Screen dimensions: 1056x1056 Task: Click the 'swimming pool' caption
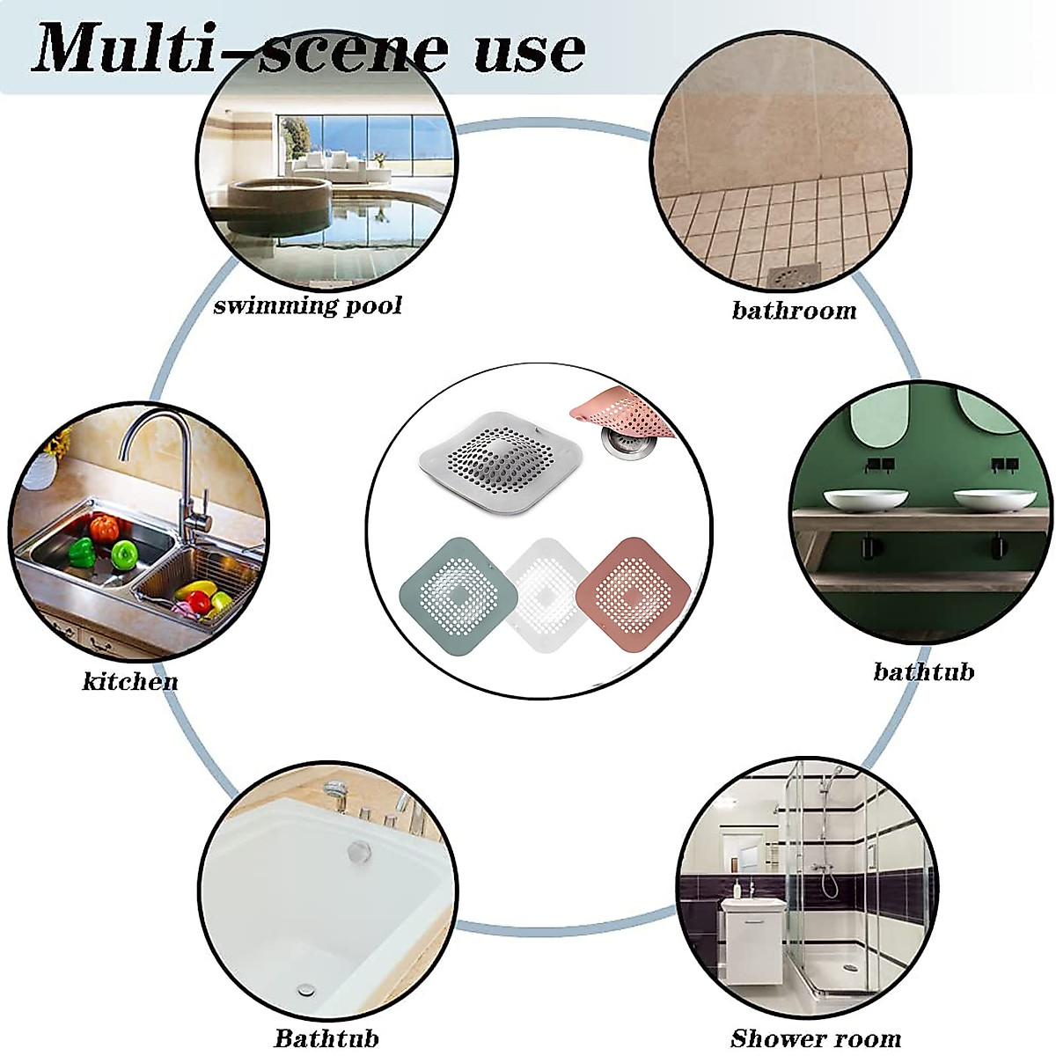pyautogui.click(x=307, y=305)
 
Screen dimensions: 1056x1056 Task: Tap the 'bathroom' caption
pyautogui.click(x=794, y=310)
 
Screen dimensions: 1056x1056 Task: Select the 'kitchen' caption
pyautogui.click(x=130, y=681)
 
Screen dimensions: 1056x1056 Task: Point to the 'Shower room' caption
pyautogui.click(x=816, y=1038)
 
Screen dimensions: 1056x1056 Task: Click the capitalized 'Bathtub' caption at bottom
pyautogui.click(x=326, y=1038)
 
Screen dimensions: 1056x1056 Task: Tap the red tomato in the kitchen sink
pyautogui.click(x=104, y=528)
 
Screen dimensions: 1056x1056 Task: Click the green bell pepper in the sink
pyautogui.click(x=83, y=554)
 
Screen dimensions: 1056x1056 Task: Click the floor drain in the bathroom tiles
pyautogui.click(x=793, y=275)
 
